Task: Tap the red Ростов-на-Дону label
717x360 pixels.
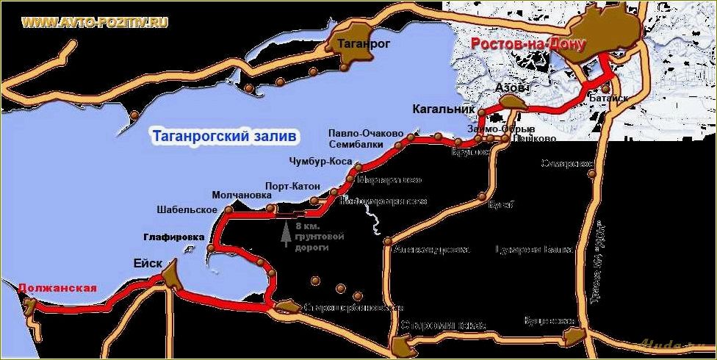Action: pyautogui.click(x=526, y=44)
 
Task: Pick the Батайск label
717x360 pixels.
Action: pyautogui.click(x=608, y=96)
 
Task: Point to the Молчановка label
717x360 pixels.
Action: pyautogui.click(x=242, y=195)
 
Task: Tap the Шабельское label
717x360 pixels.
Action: pyautogui.click(x=187, y=210)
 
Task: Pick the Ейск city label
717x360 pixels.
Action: pyautogui.click(x=143, y=259)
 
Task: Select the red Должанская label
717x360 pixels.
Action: pyautogui.click(x=57, y=287)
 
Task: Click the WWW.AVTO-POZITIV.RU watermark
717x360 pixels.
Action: pyautogui.click(x=96, y=22)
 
